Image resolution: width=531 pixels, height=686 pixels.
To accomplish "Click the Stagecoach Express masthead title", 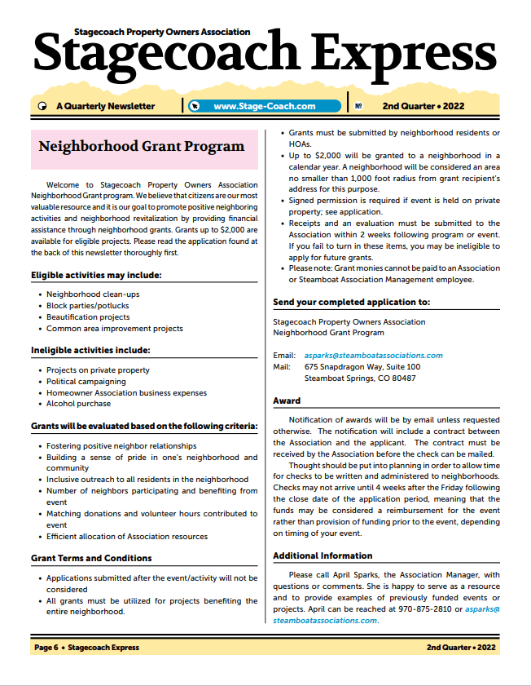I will pos(265,55).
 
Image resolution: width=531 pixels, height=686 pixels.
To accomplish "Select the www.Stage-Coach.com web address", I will pos(264,106).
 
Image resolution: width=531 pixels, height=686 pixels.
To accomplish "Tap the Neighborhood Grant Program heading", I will pos(142,147).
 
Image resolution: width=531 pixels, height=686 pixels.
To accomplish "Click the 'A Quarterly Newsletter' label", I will pos(105,106).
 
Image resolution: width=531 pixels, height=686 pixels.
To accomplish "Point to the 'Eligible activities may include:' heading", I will pos(96,275).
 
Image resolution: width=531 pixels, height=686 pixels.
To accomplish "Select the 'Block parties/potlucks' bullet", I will pos(87,306).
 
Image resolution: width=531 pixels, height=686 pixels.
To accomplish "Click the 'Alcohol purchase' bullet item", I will pos(78,404).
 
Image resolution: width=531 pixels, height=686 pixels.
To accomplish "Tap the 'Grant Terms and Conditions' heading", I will pos(91,558).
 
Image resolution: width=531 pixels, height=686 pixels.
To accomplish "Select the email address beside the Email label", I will pos(373,356).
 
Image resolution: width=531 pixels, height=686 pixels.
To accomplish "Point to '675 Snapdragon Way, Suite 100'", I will pos(362,367).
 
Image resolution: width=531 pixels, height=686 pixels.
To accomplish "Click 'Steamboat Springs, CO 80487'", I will pos(359,378).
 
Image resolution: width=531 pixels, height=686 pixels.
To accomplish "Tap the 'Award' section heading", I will pos(287,401).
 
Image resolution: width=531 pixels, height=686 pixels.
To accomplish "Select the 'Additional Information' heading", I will pos(323,555).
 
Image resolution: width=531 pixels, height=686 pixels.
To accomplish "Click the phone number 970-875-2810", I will pos(432,609).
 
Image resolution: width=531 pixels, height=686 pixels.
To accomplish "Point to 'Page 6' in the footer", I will pos(46,648).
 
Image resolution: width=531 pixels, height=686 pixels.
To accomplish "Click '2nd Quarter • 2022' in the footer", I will pos(461,648).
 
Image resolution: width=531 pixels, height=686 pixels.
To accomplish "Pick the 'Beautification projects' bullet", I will pos(88,317).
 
